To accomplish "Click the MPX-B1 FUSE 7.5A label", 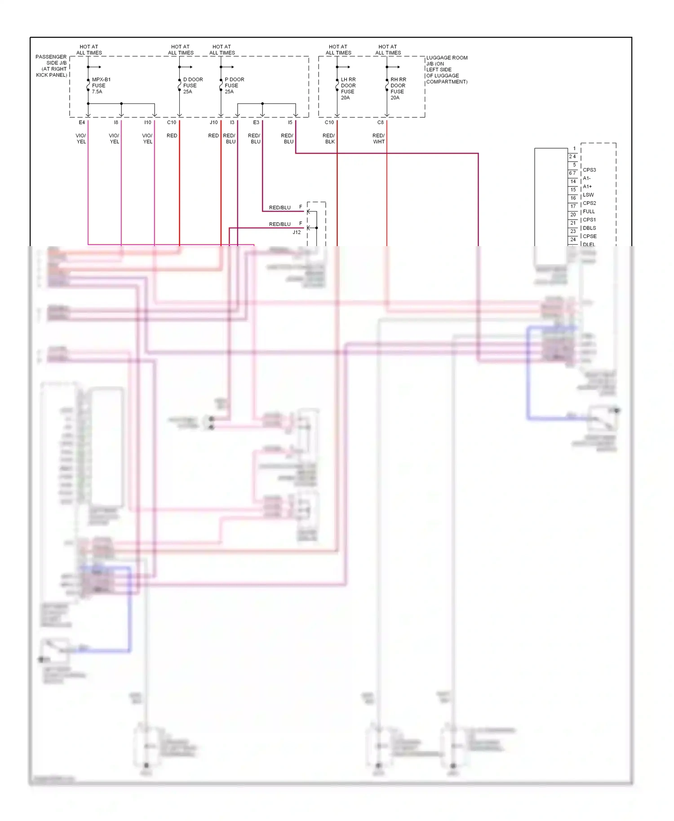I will pyautogui.click(x=101, y=85).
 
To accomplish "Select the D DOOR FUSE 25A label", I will pyautogui.click(x=193, y=85).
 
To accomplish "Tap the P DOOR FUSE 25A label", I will pyautogui.click(x=234, y=85).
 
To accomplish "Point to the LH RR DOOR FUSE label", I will pyautogui.click(x=348, y=88).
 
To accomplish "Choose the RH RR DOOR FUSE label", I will pyautogui.click(x=398, y=88).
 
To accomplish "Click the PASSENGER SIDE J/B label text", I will pyautogui.click(x=51, y=66).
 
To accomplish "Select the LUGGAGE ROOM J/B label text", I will pyautogui.click(x=447, y=70).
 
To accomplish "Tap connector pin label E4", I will pyautogui.click(x=82, y=122).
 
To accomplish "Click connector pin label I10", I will pyautogui.click(x=147, y=122).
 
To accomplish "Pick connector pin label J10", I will pyautogui.click(x=213, y=122).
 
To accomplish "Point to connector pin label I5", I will pyautogui.click(x=290, y=122).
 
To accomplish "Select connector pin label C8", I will pyautogui.click(x=380, y=122).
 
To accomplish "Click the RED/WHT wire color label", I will pyautogui.click(x=378, y=138).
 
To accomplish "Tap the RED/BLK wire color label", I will pyautogui.click(x=329, y=138).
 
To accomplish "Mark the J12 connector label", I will pyautogui.click(x=297, y=232).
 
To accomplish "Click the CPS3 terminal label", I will pyautogui.click(x=589, y=170).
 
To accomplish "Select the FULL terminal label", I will pyautogui.click(x=589, y=212).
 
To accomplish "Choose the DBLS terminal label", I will pyautogui.click(x=589, y=228).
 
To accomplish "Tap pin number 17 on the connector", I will pyautogui.click(x=573, y=206).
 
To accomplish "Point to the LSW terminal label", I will pyautogui.click(x=588, y=195).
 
